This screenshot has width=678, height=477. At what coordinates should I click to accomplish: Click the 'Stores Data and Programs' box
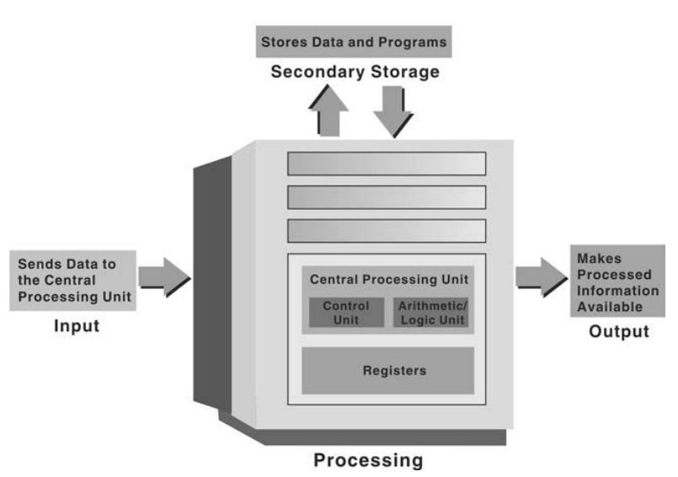(x=354, y=40)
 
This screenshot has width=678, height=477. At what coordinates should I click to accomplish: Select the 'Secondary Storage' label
(x=355, y=72)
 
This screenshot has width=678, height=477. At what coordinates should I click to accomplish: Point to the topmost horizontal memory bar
(x=387, y=163)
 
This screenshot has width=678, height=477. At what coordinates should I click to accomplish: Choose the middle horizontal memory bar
(x=387, y=197)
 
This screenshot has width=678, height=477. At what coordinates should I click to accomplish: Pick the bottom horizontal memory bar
(x=387, y=231)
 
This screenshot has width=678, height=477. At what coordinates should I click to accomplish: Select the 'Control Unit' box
(x=346, y=313)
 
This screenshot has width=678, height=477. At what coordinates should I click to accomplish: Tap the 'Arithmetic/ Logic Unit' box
(x=430, y=313)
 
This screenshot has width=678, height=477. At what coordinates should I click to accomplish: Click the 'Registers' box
(x=387, y=370)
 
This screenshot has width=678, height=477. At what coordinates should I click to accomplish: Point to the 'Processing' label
(x=368, y=460)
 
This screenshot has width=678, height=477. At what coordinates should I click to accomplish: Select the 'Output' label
(x=618, y=331)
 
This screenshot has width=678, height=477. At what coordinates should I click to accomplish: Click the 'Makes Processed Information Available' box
(x=616, y=282)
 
